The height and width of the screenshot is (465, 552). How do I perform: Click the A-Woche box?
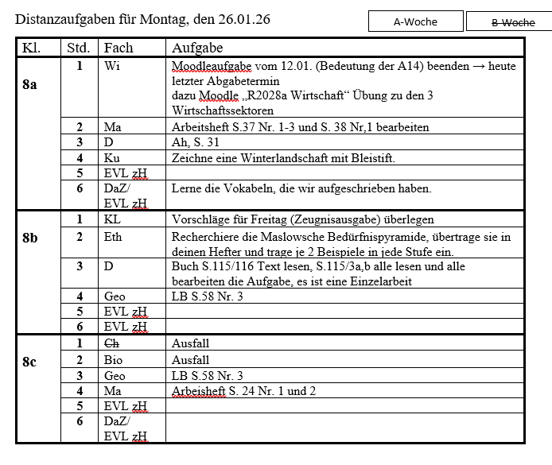(x=415, y=21)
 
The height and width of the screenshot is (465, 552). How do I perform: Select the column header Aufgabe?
(x=196, y=48)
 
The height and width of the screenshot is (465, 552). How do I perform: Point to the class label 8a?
(x=29, y=83)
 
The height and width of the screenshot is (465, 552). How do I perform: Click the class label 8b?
(x=29, y=237)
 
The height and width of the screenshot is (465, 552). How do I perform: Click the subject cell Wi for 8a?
(x=112, y=66)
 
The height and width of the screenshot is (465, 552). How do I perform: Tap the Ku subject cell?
(x=112, y=158)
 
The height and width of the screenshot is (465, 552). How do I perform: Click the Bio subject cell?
(x=113, y=359)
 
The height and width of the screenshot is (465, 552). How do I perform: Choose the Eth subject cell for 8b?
(x=114, y=236)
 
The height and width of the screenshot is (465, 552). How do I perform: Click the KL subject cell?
(x=112, y=219)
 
